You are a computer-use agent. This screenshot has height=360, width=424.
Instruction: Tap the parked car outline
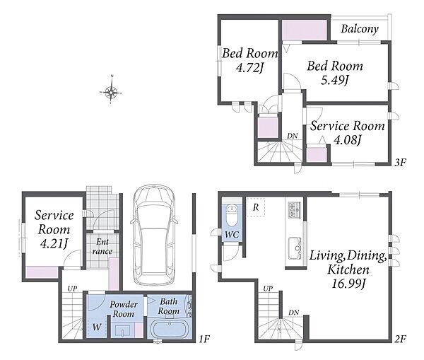[x=154, y=236]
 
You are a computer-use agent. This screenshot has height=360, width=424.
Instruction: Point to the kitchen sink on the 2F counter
[x=295, y=248]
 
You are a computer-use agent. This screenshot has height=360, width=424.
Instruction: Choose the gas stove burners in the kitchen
[x=295, y=209]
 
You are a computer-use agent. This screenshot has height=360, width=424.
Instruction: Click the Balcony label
[x=360, y=29]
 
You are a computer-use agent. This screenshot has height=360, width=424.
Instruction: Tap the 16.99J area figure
[x=348, y=284]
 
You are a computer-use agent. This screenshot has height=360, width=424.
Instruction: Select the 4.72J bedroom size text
[x=249, y=68]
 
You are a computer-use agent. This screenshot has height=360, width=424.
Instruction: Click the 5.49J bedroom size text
[x=334, y=80]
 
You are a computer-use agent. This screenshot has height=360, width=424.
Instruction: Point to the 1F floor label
[x=204, y=339]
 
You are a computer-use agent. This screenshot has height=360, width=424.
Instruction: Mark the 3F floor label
[x=401, y=163]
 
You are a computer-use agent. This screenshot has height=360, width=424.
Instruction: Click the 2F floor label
[x=400, y=339]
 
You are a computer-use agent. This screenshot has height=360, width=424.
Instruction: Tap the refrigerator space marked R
[x=256, y=207]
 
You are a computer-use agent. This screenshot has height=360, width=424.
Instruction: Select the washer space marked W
[x=97, y=327]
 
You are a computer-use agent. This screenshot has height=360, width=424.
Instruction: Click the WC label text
[x=232, y=235]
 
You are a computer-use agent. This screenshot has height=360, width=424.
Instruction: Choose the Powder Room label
[x=124, y=309]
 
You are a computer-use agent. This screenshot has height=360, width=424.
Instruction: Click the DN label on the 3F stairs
[x=293, y=136]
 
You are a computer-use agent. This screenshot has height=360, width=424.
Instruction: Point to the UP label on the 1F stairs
[x=72, y=289]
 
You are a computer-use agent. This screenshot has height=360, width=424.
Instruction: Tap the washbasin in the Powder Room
[x=123, y=330]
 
